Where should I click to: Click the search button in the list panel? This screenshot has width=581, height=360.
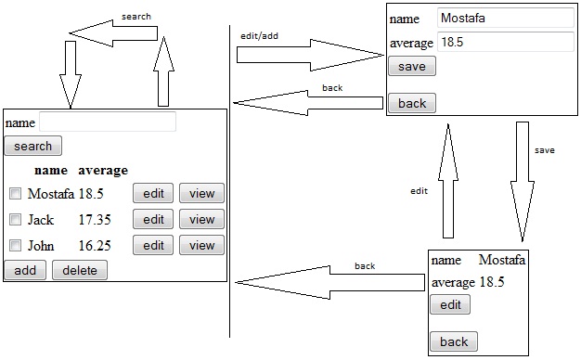32,146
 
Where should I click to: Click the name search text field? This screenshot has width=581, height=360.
108,122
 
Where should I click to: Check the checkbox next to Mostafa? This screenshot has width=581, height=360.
15,194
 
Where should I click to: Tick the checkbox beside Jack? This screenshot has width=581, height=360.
15,220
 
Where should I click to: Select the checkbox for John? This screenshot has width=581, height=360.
15,246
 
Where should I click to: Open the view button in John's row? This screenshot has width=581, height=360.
201,246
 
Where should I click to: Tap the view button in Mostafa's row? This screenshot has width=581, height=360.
201,194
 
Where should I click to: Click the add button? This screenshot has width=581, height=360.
25,270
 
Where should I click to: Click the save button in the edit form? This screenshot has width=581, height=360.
411,67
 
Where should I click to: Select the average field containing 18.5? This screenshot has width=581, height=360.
506,43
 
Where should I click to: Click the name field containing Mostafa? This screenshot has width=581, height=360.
506,18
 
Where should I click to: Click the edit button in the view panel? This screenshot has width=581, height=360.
450,305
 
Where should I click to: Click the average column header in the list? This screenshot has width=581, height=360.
103,170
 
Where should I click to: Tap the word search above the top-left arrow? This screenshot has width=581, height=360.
136,17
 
